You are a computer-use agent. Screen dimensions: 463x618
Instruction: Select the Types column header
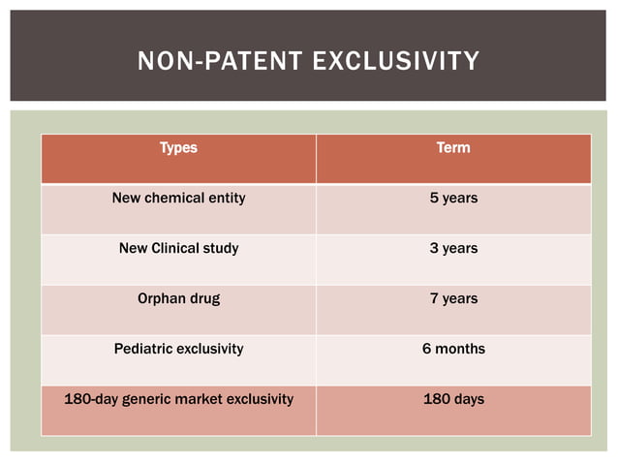pos(178,148)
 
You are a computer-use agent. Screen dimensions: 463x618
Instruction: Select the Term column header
pos(453,148)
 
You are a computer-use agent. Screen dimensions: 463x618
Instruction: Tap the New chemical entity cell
pos(178,199)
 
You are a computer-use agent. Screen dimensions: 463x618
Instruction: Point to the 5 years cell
pos(453,199)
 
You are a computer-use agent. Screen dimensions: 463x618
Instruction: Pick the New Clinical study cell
pos(178,249)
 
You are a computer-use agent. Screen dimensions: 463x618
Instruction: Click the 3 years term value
pos(453,249)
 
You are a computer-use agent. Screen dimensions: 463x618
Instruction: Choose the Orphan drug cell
pos(178,299)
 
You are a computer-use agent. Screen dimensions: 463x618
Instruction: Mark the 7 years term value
pos(453,299)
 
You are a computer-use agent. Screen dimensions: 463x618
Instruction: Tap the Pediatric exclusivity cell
pos(178,349)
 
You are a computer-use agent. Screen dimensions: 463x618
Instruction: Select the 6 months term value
pos(453,349)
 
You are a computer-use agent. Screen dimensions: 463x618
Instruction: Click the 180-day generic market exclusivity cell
pos(178,399)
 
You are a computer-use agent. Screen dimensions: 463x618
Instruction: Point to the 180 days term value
pos(453,399)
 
